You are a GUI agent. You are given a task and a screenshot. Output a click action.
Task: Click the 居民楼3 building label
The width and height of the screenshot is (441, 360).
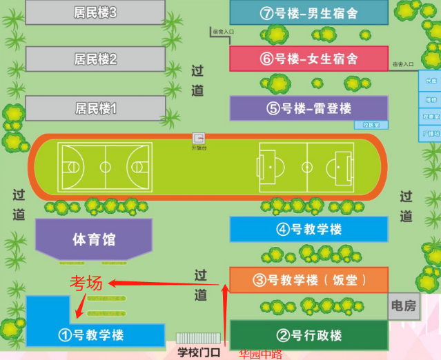tap(95, 12)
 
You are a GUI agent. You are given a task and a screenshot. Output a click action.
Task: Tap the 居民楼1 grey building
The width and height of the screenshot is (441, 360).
tap(95, 108)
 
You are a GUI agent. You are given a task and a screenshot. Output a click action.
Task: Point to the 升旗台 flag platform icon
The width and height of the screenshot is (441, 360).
tap(199, 138)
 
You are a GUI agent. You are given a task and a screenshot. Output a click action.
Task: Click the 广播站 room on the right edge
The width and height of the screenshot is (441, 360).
tap(431, 134)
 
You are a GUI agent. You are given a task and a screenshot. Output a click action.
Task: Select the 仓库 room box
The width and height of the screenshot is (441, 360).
tap(431, 81)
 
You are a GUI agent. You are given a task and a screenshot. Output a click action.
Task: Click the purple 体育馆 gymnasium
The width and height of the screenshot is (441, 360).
tap(94, 240)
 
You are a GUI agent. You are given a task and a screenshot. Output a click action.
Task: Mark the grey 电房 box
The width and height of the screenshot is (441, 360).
tap(404, 306)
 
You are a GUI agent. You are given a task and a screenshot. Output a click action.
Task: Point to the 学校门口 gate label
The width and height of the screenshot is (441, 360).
tap(199, 352)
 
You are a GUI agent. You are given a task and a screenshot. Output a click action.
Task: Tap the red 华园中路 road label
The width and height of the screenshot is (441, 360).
tap(260, 354)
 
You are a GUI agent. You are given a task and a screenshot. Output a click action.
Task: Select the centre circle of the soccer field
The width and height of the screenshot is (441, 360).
tap(307, 167)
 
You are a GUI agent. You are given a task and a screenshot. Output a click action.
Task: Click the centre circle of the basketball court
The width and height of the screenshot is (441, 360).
tap(105, 166)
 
